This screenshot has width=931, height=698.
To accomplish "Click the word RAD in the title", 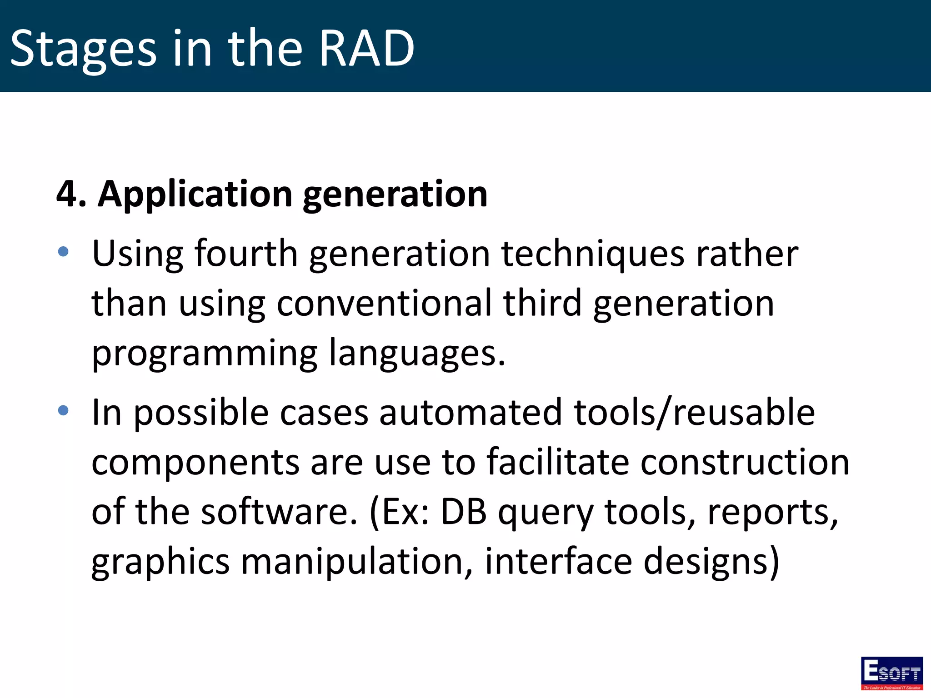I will [366, 48].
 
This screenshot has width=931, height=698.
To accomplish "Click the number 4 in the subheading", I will [67, 194].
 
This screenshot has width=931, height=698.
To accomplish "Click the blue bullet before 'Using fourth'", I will [63, 251].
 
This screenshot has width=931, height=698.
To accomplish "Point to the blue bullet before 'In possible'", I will [63, 410].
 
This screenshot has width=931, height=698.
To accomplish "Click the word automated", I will [471, 412].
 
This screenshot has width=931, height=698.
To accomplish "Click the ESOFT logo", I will [891, 673].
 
